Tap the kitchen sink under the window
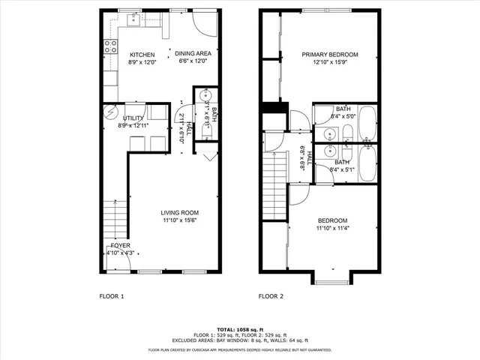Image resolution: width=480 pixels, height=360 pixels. pyautogui.click(x=133, y=21)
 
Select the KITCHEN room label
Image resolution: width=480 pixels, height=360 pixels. pyautogui.click(x=142, y=55)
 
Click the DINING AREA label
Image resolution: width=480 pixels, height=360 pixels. pyautogui.click(x=193, y=54)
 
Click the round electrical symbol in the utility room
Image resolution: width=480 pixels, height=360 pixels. pyautogui.click(x=111, y=112)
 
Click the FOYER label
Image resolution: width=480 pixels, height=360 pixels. pyautogui.click(x=121, y=245)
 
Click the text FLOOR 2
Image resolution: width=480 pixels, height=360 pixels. pyautogui.click(x=271, y=296)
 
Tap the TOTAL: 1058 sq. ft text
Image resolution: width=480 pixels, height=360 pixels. pyautogui.click(x=240, y=329)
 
